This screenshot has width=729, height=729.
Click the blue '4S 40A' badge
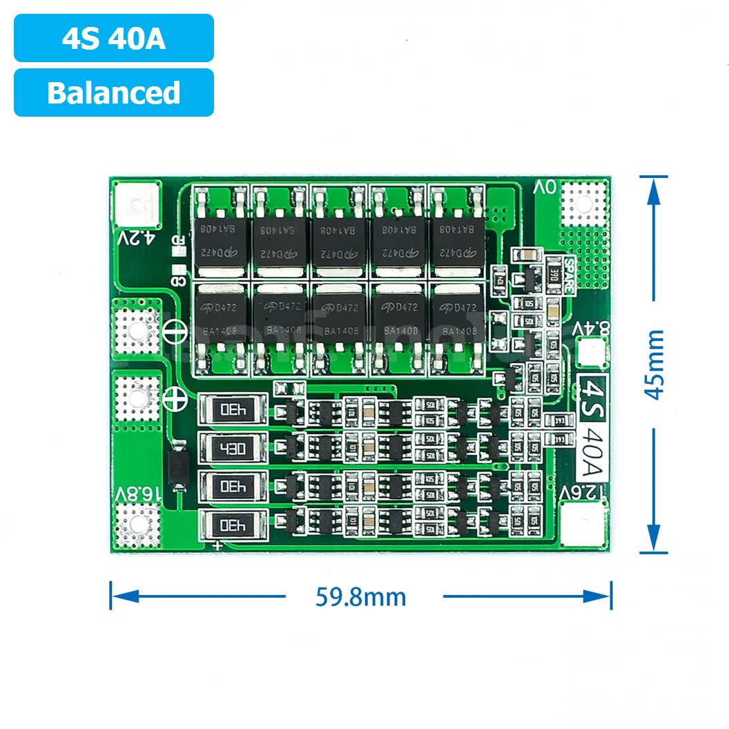click(x=114, y=39)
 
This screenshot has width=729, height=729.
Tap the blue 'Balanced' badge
click(x=114, y=93)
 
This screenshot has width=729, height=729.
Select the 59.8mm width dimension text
click(x=361, y=596)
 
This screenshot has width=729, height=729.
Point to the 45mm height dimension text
click(x=654, y=364)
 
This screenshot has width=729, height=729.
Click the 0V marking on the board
click(x=545, y=188)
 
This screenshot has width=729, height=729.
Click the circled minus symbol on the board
click(x=175, y=333)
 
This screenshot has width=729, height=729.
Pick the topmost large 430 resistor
click(x=233, y=410)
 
